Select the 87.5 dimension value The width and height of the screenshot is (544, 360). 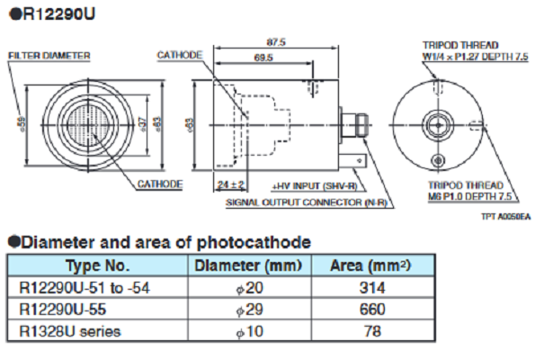point(276,42)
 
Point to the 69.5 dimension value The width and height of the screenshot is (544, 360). point(263,58)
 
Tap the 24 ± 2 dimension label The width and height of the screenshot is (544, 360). point(231,184)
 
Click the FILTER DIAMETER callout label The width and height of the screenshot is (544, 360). point(49,56)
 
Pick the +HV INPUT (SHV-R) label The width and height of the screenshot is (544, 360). point(315,186)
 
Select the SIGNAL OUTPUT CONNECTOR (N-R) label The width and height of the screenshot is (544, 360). point(307,202)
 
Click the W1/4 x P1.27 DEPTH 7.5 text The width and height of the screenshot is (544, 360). point(476,56)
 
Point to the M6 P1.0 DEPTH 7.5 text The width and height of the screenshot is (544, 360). point(469,196)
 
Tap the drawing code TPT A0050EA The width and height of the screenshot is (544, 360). point(506,217)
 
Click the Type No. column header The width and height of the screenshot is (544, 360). point(97,265)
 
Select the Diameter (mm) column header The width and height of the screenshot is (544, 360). point(248,265)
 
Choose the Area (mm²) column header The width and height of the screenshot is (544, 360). point(370,265)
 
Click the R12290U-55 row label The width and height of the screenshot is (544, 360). point(63,310)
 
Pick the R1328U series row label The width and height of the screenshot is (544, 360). point(70,331)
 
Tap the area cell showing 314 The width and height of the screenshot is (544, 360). point(372,288)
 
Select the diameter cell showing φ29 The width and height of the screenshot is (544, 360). point(249,310)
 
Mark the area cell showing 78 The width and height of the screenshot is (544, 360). point(372,331)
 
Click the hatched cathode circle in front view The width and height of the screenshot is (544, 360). point(90,125)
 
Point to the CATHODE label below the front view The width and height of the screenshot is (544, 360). point(160,184)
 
